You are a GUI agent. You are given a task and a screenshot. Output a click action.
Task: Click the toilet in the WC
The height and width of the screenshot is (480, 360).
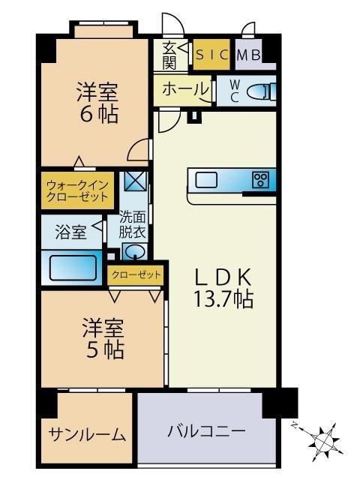[259, 91]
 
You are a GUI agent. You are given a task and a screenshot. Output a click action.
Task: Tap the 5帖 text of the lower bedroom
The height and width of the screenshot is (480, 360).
[103, 349]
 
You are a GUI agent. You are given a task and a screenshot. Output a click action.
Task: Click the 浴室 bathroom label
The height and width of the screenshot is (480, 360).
[70, 232]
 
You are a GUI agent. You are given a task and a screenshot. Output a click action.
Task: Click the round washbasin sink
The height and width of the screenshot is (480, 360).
[134, 252]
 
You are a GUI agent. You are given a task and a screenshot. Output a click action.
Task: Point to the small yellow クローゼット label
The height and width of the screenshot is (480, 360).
[136, 275]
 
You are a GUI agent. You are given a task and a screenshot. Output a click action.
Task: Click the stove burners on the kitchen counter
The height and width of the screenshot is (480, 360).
[260, 179]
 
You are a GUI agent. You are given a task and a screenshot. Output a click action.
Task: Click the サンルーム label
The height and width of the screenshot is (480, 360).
[86, 435]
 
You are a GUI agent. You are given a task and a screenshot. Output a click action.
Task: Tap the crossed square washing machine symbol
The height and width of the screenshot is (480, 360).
[135, 181]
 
